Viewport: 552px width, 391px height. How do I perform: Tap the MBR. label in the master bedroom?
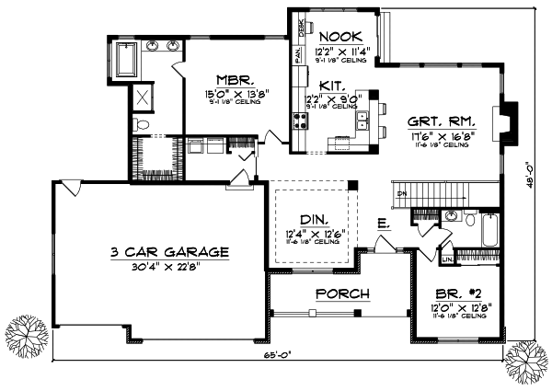point(228,79)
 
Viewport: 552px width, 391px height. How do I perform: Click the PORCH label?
point(342,294)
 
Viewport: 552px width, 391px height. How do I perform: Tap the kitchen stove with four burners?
point(300,120)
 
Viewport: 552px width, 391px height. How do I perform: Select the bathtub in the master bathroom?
point(124,60)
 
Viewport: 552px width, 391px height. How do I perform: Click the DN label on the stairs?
point(401,195)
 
